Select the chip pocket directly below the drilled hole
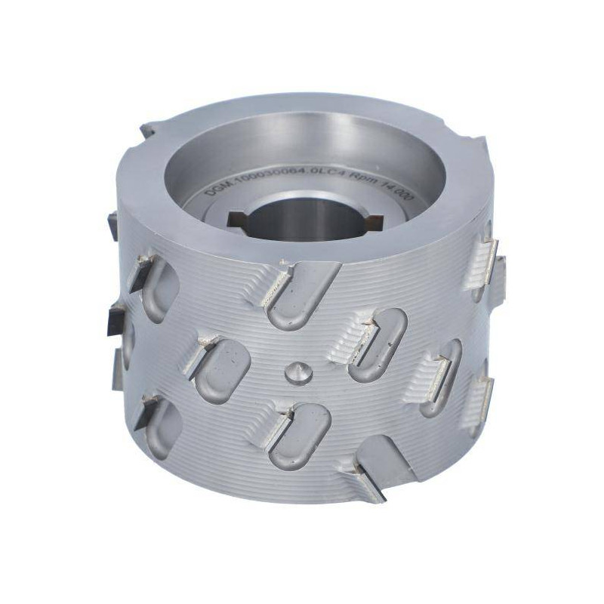297,434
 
